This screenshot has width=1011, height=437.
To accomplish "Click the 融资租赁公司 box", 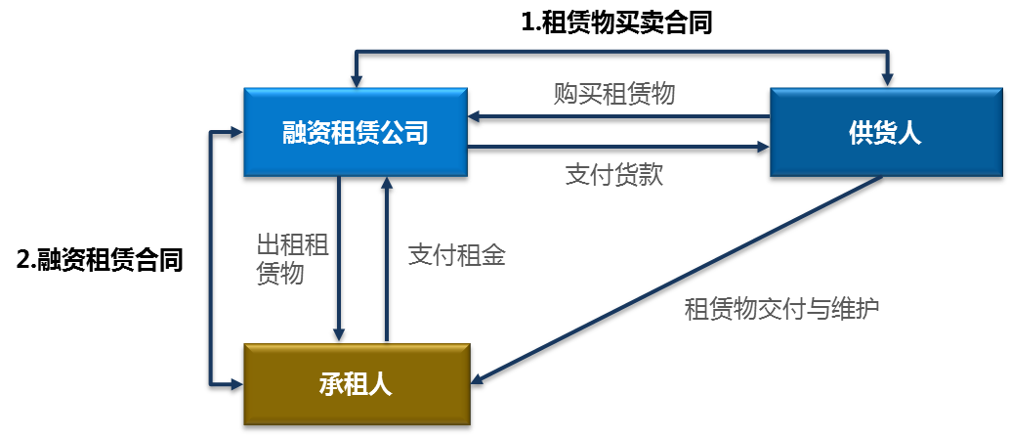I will coord(356,134).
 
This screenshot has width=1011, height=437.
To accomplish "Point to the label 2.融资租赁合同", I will coord(101,260).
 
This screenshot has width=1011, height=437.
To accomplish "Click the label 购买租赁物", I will coord(614,94).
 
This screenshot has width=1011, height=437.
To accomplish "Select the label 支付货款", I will coord(614,175).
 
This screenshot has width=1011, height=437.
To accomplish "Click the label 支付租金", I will coord(456,256).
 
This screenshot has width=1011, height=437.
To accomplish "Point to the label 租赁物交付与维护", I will coord(782,310).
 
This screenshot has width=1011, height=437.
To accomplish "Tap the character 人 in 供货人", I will coord(909,134).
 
